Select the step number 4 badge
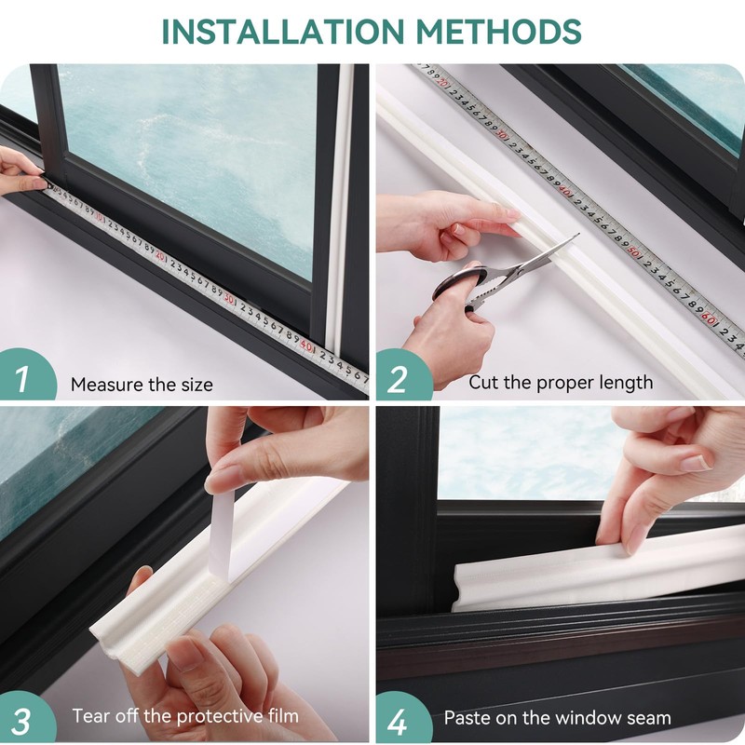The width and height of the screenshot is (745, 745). (399, 719)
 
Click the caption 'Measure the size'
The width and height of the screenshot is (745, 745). (142, 385)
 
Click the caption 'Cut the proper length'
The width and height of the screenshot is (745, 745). (561, 383)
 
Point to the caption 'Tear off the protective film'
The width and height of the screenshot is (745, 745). (185, 716)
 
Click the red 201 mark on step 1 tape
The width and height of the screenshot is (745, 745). (161, 255)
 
